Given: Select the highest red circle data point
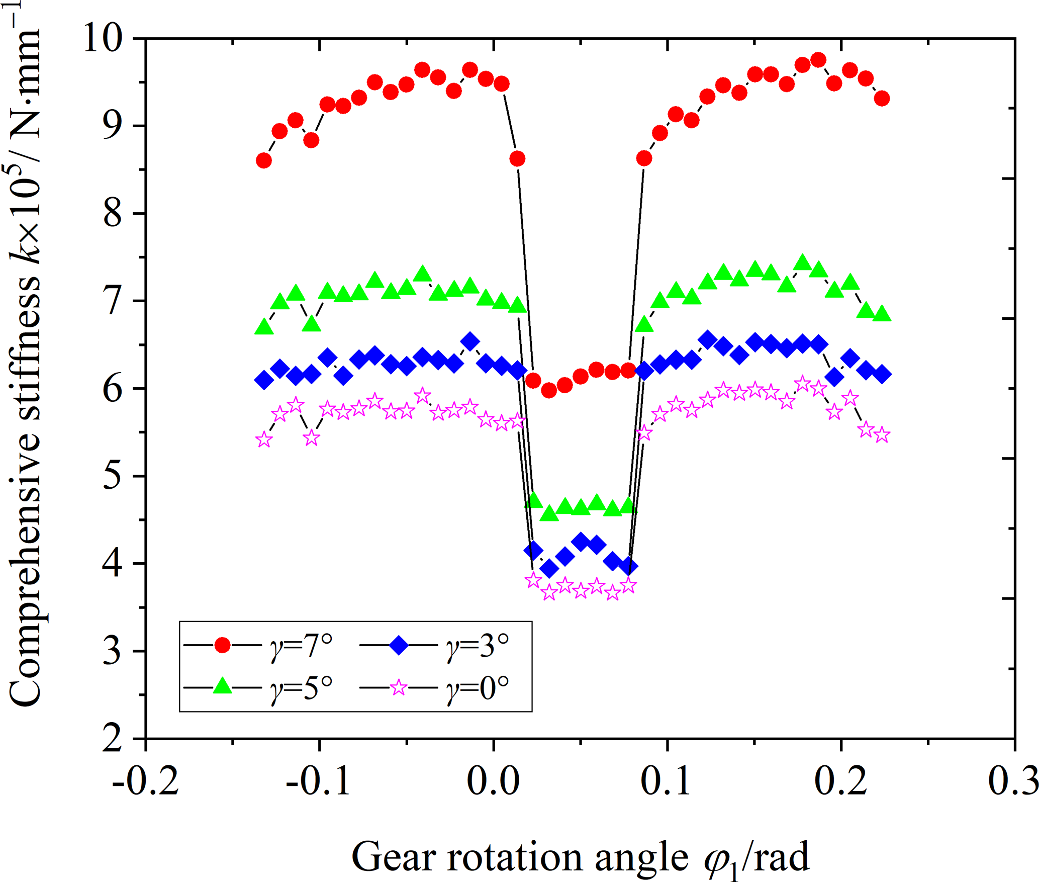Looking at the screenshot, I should click(818, 60).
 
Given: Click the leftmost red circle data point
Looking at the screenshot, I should click(264, 161).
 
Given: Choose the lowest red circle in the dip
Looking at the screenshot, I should click(549, 390).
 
